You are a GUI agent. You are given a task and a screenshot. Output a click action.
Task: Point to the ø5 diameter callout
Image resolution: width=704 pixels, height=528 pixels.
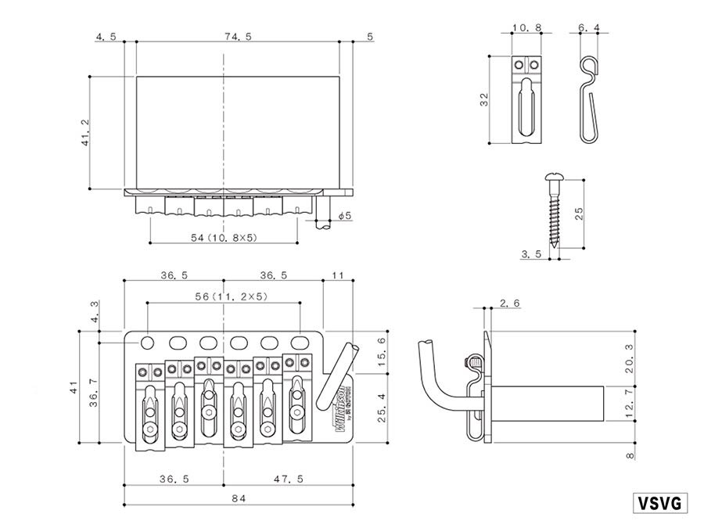point(346,215)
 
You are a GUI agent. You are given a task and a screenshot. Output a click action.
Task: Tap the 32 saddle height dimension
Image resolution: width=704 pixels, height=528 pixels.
point(484,99)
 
